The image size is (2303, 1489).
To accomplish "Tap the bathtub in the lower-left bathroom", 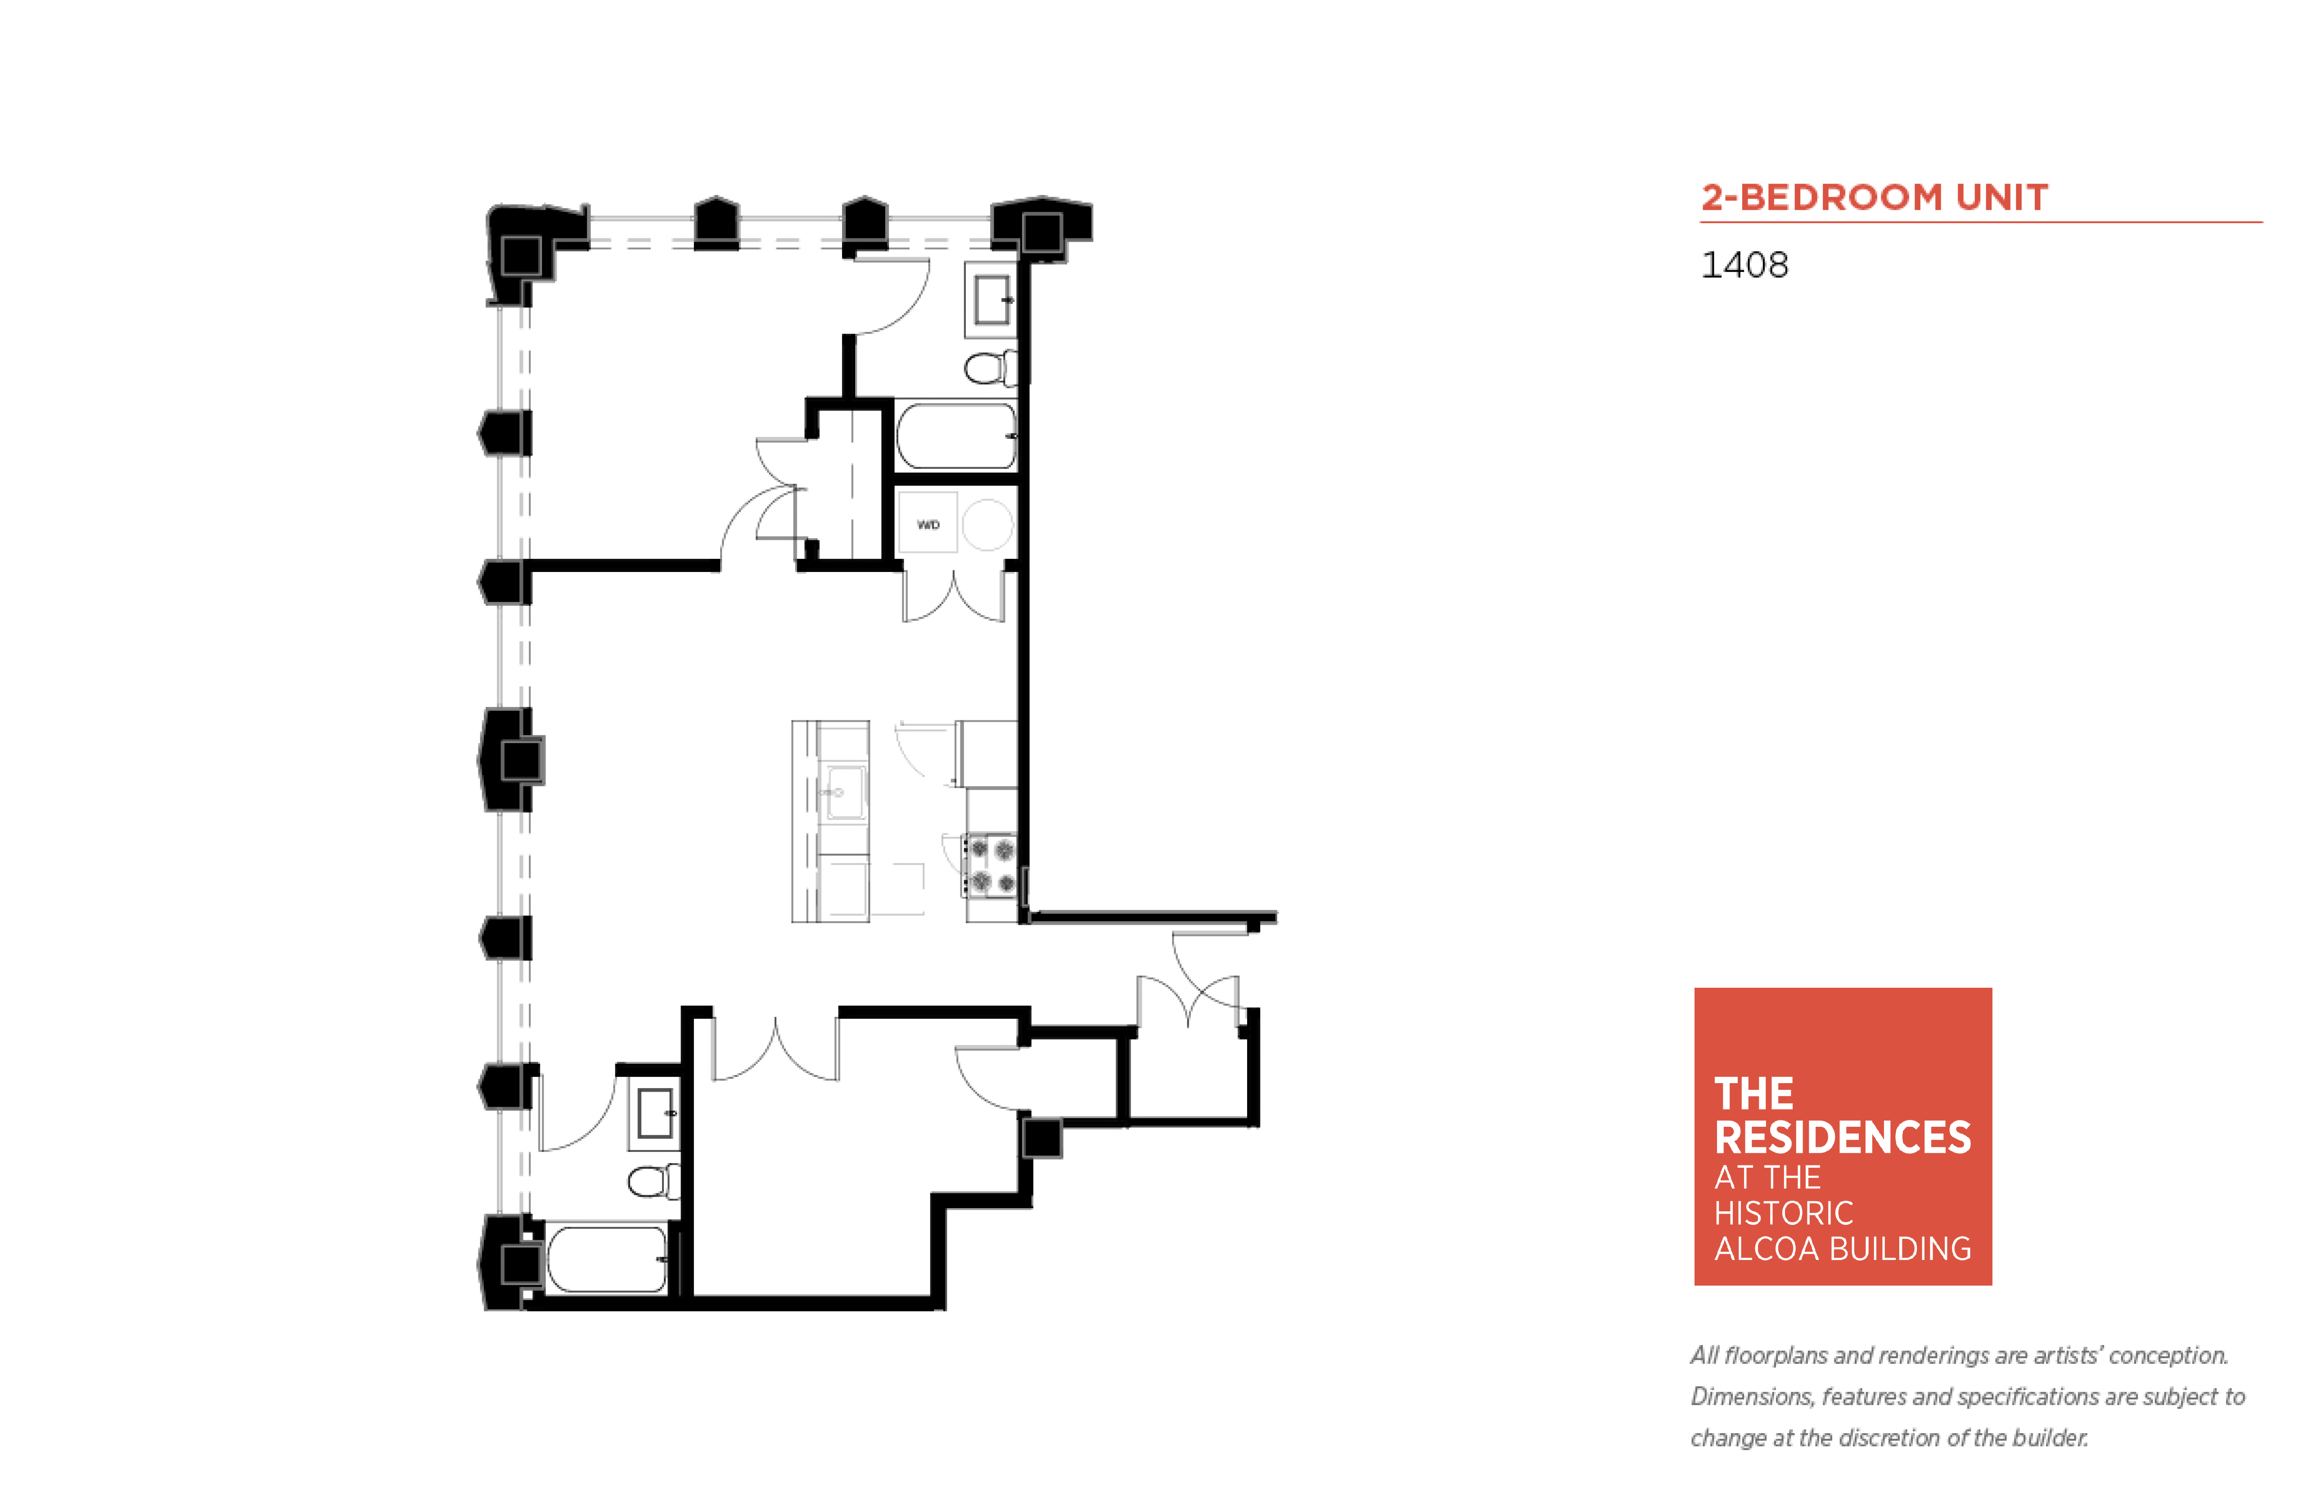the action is [x=607, y=1259].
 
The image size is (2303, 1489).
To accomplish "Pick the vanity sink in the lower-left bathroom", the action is [x=655, y=1114].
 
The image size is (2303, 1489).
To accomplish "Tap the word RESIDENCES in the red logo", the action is [x=1842, y=1137].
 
